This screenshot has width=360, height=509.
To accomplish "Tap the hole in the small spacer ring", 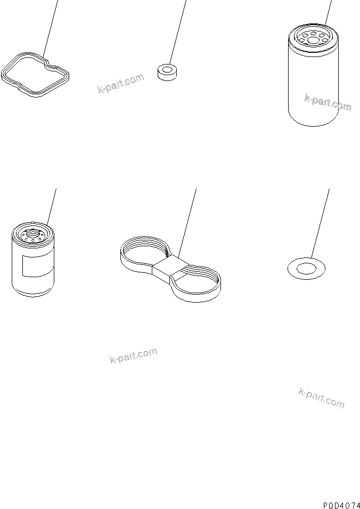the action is [167, 69].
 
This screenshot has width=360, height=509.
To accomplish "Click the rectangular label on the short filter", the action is [36, 266].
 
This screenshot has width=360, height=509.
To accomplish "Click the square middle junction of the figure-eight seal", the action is [170, 268].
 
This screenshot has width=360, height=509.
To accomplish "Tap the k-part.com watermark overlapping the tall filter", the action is [328, 102].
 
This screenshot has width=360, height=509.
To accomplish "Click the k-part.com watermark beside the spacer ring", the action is [121, 84].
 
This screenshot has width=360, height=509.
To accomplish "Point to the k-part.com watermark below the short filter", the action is [133, 356].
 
